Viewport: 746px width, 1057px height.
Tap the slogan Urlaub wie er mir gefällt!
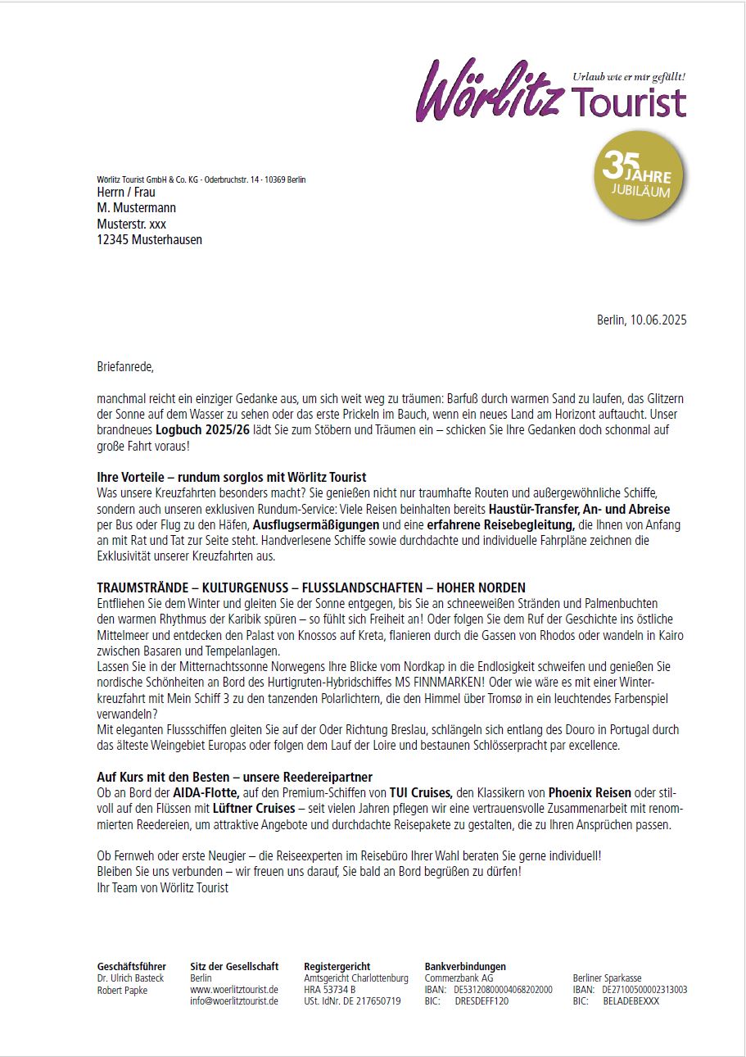[x=629, y=76]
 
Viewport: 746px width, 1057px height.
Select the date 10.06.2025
[x=658, y=320]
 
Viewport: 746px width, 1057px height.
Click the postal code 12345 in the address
[x=112, y=240]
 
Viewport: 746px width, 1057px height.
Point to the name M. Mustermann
[x=136, y=208]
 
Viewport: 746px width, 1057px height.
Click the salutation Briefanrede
[x=125, y=366]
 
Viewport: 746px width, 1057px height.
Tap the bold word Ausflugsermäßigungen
[x=316, y=524]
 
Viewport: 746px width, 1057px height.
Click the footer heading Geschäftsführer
[x=131, y=967]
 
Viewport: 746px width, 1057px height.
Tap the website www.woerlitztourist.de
[x=234, y=990]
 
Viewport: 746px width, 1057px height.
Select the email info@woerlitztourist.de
[x=234, y=1001]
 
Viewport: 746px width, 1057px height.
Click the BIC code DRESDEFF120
[x=482, y=1001]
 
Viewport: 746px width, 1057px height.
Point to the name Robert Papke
[x=123, y=990]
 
